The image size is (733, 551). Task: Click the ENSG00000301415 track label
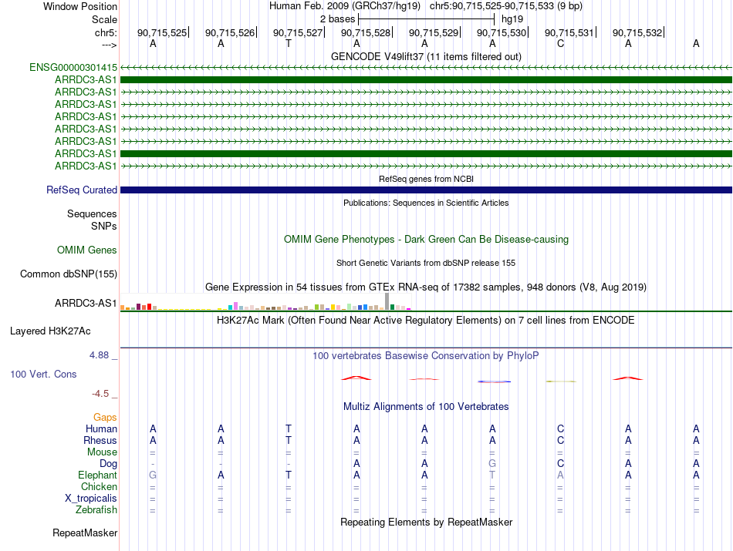(73, 68)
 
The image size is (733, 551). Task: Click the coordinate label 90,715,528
(366, 33)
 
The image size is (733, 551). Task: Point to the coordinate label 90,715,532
(637, 33)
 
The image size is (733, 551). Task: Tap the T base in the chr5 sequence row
(289, 44)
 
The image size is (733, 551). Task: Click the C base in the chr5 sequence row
(560, 44)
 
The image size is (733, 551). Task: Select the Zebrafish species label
(96, 510)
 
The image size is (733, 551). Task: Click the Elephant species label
(97, 475)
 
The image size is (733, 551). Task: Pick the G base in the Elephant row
(153, 475)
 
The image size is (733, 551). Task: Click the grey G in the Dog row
(492, 464)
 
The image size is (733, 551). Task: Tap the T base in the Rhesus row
(289, 440)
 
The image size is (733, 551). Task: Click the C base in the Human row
(560, 428)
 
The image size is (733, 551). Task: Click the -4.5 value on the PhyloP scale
(103, 394)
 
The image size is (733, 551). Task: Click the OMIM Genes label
(87, 250)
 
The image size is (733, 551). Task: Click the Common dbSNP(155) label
(69, 274)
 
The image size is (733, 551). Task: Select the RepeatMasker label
(85, 533)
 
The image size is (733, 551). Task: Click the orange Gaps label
(105, 417)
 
